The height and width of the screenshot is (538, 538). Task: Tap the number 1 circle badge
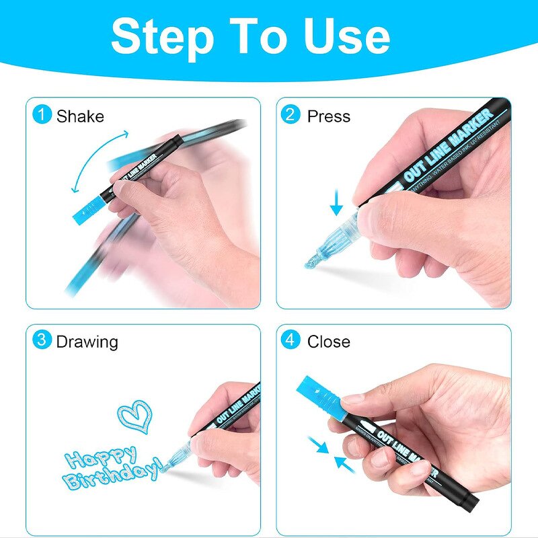click(42, 115)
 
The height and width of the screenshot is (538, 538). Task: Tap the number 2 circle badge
click(291, 115)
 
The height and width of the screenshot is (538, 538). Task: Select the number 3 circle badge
click(42, 340)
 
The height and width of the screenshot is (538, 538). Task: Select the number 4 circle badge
click(291, 340)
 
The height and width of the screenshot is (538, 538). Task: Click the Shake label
click(80, 116)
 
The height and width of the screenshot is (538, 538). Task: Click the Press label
click(330, 116)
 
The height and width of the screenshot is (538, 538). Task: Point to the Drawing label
click(87, 342)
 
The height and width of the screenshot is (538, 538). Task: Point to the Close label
click(329, 342)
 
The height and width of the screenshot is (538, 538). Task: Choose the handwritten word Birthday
click(112, 476)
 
